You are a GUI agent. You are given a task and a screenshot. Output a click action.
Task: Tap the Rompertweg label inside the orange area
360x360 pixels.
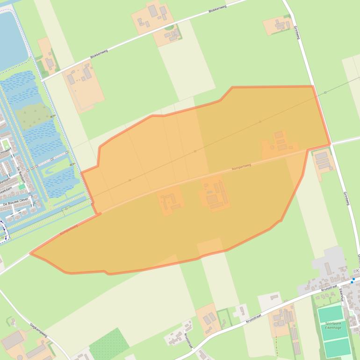[x=242, y=168]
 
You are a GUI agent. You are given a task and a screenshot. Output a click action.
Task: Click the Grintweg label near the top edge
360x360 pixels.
[x=296, y=32]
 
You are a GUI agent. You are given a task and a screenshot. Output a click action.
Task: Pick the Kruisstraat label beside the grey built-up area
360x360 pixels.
[x=330, y=288]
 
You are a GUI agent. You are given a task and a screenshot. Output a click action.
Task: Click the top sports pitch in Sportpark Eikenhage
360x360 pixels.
[x=330, y=313]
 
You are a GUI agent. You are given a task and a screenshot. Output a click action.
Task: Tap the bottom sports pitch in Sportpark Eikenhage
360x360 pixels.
[x=337, y=347]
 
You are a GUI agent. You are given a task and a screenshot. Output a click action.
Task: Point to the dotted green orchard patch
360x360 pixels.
[x=109, y=345]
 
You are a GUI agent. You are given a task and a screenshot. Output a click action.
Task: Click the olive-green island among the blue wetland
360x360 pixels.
[x=33, y=114]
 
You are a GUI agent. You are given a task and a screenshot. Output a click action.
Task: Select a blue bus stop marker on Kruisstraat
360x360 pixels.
[x=353, y=280]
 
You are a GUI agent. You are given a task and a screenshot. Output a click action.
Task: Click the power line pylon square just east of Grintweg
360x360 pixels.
[x=325, y=93]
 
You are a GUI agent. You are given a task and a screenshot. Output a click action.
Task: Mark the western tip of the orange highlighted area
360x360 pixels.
[x=31, y=254]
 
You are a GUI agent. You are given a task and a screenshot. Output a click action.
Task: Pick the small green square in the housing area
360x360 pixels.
[x=22, y=186]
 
